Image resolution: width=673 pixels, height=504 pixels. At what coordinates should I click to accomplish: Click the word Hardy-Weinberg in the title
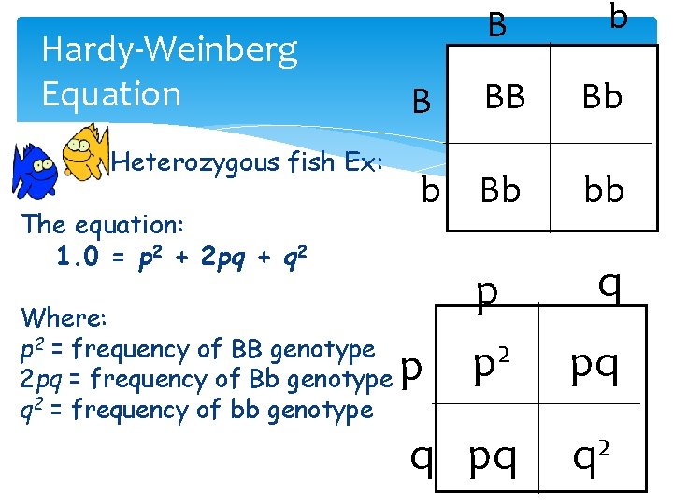[169, 50]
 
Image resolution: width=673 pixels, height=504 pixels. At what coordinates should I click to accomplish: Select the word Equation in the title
[111, 93]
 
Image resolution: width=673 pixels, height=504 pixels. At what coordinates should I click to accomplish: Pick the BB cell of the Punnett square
[505, 96]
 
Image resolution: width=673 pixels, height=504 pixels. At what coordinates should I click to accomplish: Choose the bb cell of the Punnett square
[603, 190]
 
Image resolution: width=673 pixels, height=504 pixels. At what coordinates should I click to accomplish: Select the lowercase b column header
[618, 18]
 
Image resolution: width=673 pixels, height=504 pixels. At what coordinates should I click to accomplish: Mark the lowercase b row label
[430, 189]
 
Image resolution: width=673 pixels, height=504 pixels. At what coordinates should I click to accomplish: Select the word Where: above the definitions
[64, 318]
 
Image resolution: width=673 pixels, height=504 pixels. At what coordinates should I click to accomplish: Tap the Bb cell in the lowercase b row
[500, 190]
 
